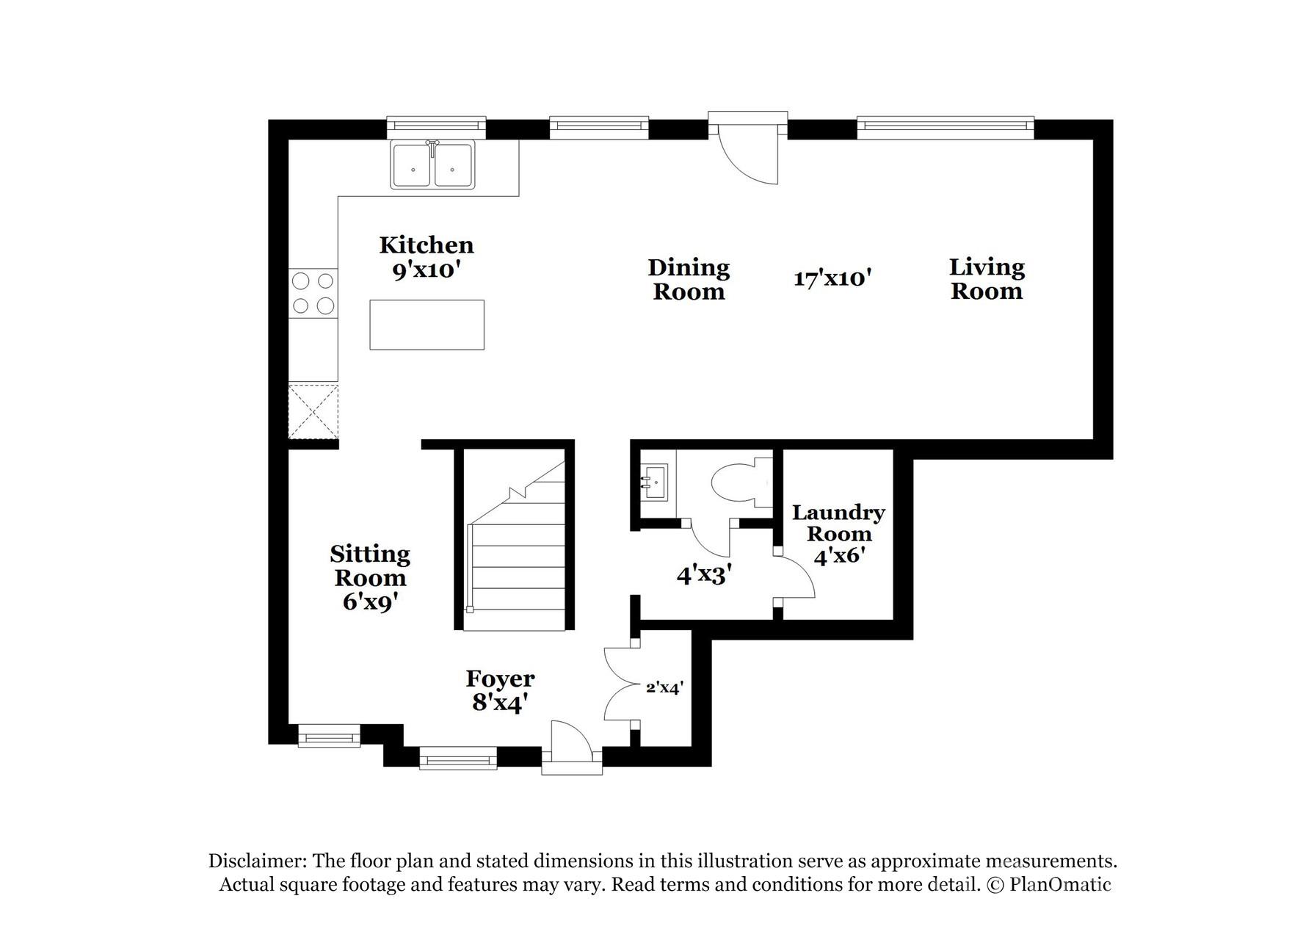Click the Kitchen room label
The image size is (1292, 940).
(426, 245)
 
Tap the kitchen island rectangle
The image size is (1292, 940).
(427, 325)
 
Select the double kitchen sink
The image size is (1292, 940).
(432, 165)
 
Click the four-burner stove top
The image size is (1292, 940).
(313, 293)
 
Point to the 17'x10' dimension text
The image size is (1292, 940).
(832, 279)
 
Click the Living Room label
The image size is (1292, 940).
(987, 279)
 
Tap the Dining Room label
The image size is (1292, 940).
(689, 280)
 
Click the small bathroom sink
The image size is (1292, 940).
(654, 482)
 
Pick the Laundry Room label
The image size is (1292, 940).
(838, 523)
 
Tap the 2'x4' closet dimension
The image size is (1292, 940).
(664, 688)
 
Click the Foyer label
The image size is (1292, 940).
(500, 679)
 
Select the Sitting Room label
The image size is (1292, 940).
(370, 565)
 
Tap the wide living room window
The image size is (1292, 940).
(946, 127)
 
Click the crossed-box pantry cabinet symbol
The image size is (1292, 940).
(313, 411)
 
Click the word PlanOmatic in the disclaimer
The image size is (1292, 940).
(1060, 885)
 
